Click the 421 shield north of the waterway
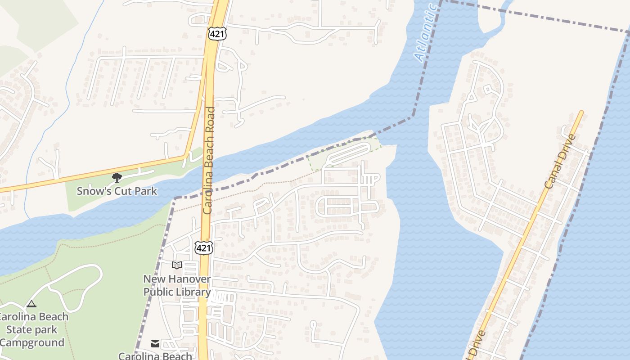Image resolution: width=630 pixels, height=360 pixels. pos(217,33)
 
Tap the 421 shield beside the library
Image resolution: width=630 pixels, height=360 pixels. pos(203,247)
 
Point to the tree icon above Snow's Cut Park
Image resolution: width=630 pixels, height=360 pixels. pos(117,178)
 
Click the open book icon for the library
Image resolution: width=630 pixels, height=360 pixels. pos(177,265)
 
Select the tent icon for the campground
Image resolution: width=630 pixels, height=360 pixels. pos(31,304)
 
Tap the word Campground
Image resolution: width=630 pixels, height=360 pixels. pos(32,342)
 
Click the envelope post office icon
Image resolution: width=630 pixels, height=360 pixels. pos(155,344)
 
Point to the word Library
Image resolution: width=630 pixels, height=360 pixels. pos(194,292)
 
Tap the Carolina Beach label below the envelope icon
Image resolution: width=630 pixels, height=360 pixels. pos(155,356)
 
